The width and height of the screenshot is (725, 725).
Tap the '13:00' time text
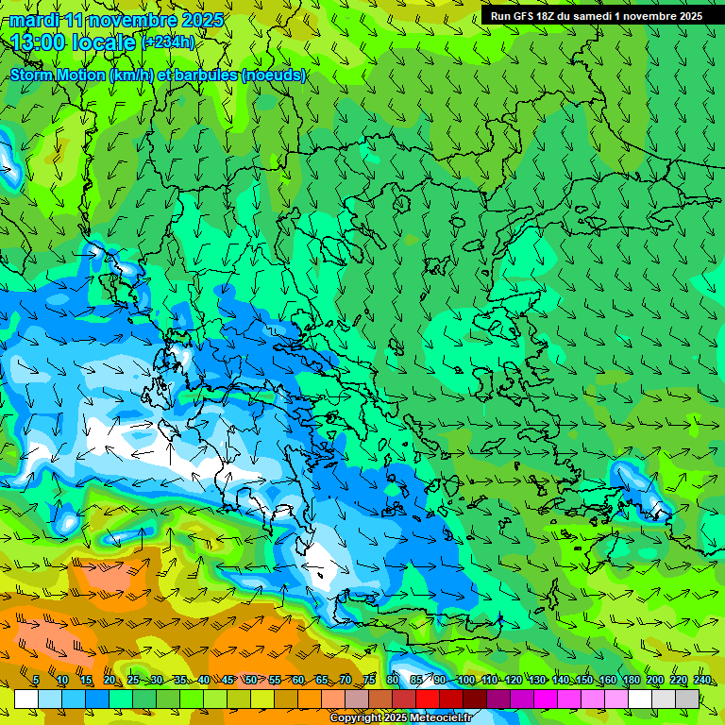tap(40, 42)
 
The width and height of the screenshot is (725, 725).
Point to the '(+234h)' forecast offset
tap(168, 42)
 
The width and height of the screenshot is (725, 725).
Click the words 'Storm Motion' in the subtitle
tap(58, 76)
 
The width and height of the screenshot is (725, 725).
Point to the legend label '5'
tap(36, 681)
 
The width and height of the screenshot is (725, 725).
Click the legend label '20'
tap(110, 681)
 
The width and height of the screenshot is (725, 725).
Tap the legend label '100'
tap(465, 681)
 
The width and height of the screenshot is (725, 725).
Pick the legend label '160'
tap(607, 681)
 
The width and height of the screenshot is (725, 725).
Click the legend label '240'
tap(701, 681)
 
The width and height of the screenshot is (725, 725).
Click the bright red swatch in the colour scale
tap(428, 699)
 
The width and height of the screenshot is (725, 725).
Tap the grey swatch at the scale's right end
tap(687, 699)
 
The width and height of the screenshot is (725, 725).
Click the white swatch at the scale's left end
tap(26, 699)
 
